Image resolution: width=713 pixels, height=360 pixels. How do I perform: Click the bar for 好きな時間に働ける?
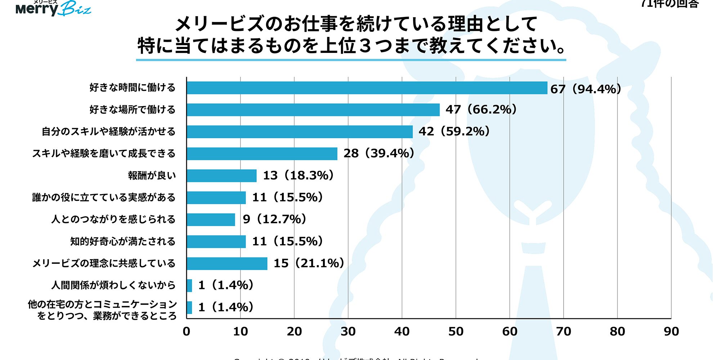[367, 88]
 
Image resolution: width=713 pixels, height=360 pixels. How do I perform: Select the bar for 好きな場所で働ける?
[313, 110]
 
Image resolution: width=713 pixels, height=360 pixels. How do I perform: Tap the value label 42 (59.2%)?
[454, 131]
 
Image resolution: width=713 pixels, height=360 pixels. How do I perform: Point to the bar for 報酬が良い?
[221, 176]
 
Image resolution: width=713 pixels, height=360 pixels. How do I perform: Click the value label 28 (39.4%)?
[378, 153]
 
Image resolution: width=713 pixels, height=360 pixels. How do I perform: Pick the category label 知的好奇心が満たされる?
[122, 241]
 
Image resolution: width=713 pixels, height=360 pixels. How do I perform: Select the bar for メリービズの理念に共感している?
[227, 264]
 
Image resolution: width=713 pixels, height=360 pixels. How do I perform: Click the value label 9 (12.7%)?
[274, 219]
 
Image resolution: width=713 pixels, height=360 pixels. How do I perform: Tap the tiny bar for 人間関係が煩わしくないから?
[189, 285]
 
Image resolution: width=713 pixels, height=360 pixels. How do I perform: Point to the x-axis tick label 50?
[456, 332]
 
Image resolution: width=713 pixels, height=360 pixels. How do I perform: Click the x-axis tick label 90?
[671, 332]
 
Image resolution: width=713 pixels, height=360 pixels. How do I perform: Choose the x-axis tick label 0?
[186, 332]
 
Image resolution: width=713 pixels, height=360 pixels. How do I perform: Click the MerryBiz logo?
[53, 8]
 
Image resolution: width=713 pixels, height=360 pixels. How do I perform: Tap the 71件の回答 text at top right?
[670, 4]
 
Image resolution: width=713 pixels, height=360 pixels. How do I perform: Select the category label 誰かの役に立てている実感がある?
[104, 197]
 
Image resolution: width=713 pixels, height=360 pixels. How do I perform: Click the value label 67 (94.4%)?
[586, 89]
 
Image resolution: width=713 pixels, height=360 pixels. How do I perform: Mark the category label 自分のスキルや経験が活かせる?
[108, 131]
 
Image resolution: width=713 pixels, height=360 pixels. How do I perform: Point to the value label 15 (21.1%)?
[309, 263]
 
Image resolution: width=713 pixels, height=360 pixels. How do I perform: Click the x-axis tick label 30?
[348, 332]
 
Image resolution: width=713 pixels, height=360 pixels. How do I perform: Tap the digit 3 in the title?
[365, 46]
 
